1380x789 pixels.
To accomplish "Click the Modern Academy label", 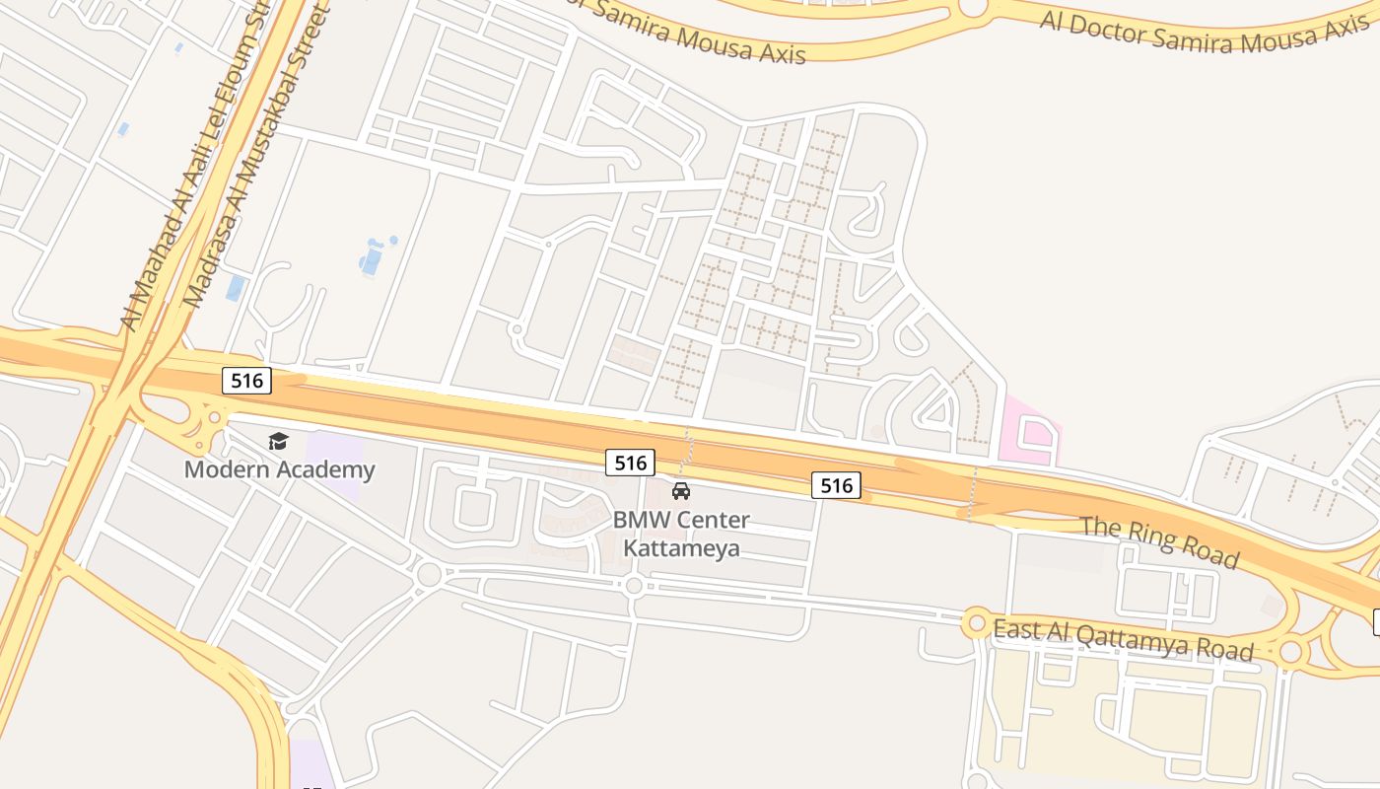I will click(280, 469).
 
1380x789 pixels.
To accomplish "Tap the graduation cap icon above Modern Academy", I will click(278, 441).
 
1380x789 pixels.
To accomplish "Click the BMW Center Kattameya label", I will click(681, 534).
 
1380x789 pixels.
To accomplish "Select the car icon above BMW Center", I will click(680, 491).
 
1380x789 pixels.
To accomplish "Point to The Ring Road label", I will click(1160, 540).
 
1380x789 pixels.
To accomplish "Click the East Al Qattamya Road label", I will click(1123, 640).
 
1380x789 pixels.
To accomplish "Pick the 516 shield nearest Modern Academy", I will click(246, 381).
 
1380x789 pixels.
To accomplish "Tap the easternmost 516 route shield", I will click(836, 484).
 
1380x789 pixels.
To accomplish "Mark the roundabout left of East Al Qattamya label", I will click(977, 623).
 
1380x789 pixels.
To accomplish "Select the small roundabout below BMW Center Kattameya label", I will click(634, 586).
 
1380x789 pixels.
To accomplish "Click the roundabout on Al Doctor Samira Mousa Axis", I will click(973, 8).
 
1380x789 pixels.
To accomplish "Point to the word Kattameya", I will click(681, 548).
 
